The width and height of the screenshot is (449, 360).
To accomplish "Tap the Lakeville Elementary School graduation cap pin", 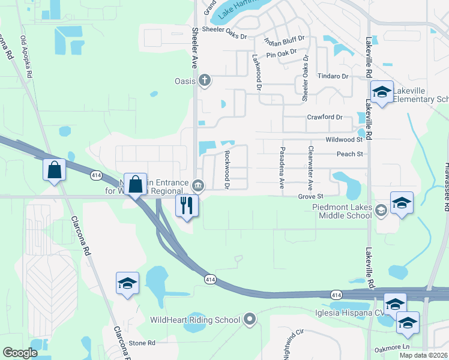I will point(382,92).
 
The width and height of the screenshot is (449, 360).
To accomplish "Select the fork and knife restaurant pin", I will point(187,205).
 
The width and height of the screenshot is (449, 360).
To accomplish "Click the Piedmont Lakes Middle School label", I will point(342,209).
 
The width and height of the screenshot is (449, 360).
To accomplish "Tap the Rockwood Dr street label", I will point(228,169).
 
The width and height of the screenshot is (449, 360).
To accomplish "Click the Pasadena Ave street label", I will point(281,167).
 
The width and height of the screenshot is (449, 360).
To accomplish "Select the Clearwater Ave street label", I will point(310,167).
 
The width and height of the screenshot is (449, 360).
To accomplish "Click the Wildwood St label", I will point(345,139).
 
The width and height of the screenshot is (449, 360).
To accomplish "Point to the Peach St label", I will point(351,154).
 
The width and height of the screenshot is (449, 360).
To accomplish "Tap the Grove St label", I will point(310,196).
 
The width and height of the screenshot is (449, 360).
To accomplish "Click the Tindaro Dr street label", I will point(333,76).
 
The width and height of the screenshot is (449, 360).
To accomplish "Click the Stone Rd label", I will point(142,343).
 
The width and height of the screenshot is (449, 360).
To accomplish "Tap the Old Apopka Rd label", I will point(27,57).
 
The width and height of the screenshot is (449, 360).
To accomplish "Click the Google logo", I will point(20,353).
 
